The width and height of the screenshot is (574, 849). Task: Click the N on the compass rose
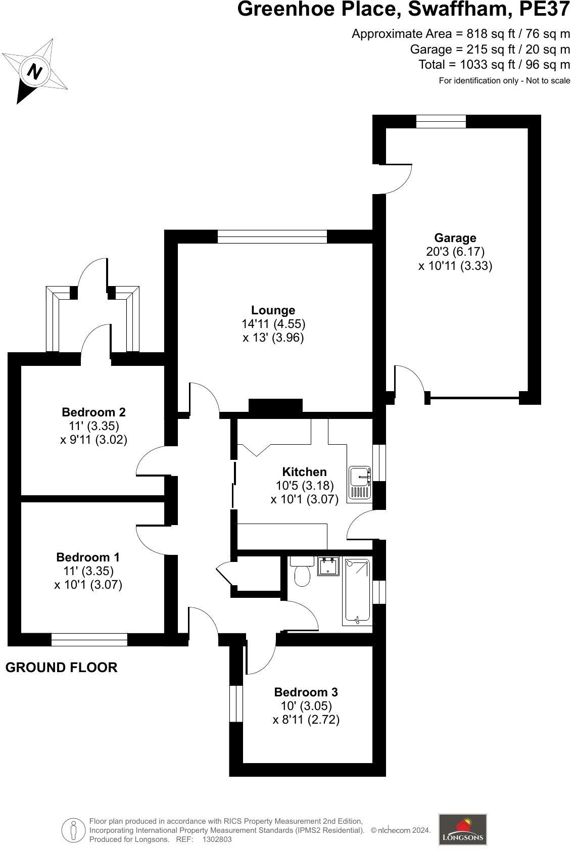34,71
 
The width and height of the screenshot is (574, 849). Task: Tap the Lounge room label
273,310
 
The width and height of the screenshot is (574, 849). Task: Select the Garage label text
455,238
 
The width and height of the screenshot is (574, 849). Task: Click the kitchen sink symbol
359,483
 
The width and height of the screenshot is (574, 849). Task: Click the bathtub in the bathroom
357,591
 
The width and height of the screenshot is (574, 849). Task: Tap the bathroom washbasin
328,567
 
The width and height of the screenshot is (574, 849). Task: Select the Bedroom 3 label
306,692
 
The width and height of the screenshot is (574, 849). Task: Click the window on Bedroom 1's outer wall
89,640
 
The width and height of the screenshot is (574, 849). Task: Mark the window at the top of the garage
441,121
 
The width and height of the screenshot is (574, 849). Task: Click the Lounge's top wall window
272,237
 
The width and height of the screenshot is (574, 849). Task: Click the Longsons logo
462,829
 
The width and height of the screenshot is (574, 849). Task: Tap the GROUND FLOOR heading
61,668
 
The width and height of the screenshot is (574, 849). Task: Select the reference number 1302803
217,839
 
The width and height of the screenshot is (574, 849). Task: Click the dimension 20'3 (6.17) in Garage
455,252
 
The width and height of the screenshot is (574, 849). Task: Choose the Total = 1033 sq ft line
494,65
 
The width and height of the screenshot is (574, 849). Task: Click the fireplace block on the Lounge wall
275,406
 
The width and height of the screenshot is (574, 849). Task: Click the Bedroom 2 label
93,412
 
